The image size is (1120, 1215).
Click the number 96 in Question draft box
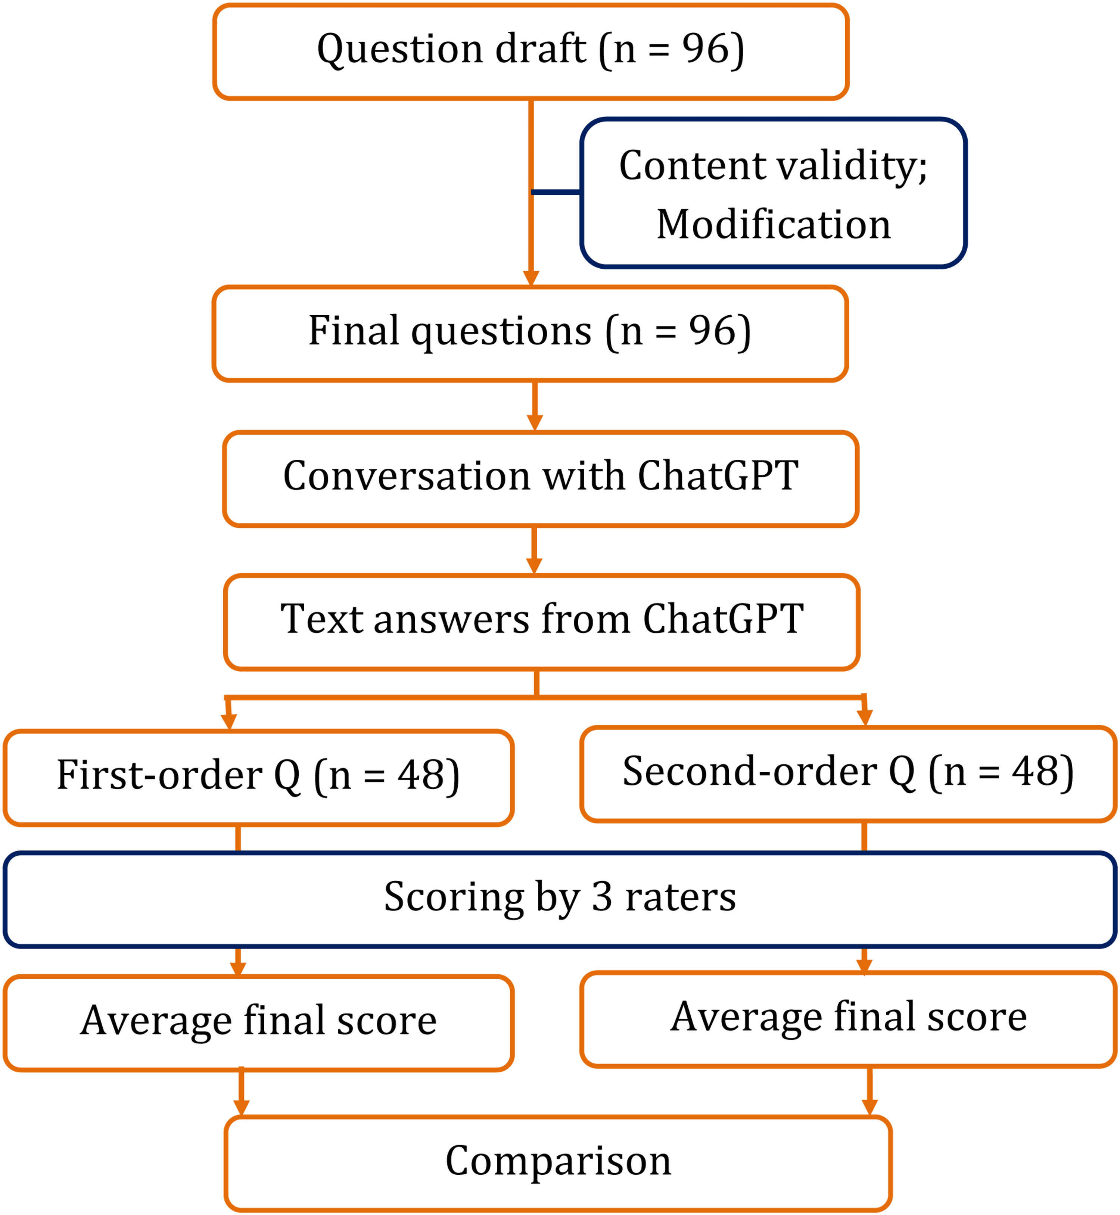(705, 49)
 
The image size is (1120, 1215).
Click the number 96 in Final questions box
(712, 331)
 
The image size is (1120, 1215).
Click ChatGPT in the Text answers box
(723, 619)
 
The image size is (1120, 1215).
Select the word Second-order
(750, 771)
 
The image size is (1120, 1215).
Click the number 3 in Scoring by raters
(602, 896)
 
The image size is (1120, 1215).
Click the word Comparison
(558, 1161)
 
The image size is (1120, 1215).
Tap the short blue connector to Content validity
(556, 192)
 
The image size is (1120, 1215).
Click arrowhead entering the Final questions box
(531, 279)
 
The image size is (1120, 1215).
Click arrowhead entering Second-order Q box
(865, 718)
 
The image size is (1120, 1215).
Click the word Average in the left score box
(156, 1021)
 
